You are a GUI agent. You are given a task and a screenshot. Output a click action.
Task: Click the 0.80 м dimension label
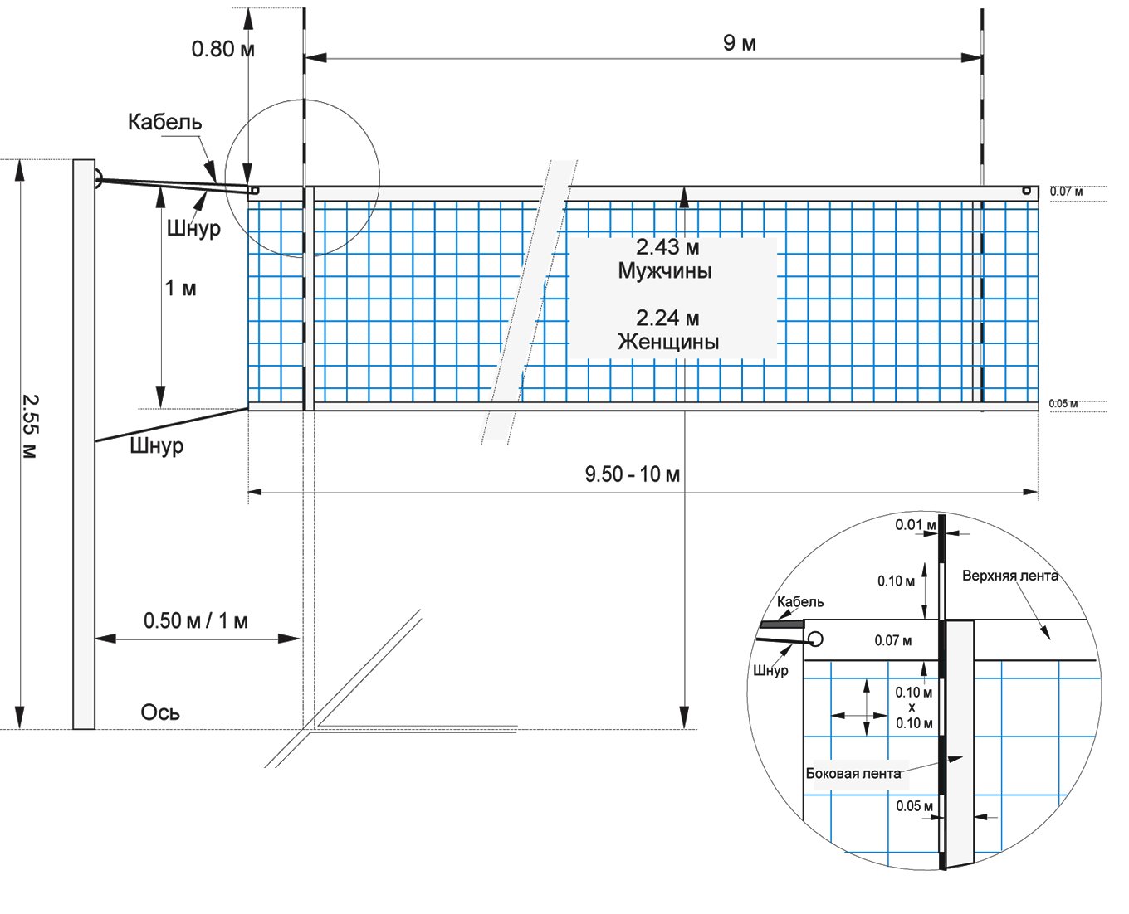[222, 49]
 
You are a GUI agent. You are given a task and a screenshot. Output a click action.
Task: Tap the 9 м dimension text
[739, 43]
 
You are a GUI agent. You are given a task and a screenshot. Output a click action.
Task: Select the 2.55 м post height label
[30, 426]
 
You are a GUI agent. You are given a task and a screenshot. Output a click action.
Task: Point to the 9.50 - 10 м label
[633, 474]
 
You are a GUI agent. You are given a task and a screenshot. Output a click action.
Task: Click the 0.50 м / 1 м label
[196, 620]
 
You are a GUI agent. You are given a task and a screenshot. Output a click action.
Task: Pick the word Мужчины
[665, 270]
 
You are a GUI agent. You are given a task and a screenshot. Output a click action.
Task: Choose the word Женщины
[668, 342]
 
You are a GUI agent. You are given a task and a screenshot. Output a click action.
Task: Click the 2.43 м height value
[667, 247]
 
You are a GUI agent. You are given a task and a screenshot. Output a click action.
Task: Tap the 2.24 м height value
[667, 318]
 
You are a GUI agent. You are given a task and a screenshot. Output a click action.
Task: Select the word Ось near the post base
[160, 712]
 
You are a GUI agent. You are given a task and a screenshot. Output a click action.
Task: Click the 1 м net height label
[180, 288]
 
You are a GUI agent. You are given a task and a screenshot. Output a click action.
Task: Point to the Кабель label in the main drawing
[165, 122]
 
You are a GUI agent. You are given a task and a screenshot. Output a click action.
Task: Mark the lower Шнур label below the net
[156, 446]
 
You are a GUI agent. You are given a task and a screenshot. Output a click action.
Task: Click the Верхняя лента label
[1010, 576]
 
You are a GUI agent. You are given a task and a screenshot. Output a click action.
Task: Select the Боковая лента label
[853, 774]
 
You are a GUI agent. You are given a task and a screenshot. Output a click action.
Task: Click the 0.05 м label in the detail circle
[914, 806]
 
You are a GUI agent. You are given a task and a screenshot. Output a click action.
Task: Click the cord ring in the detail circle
[816, 639]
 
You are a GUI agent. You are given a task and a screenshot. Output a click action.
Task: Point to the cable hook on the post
[98, 178]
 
